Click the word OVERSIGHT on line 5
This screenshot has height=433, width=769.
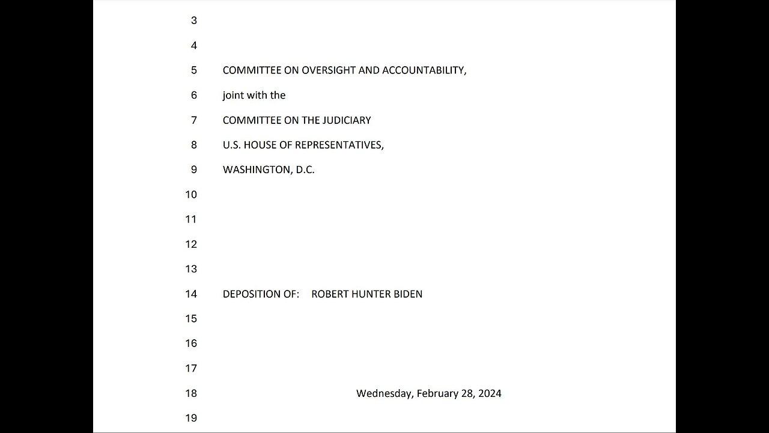[x=329, y=70]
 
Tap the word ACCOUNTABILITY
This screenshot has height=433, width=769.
[x=424, y=70]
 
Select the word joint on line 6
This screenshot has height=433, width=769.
[x=233, y=96]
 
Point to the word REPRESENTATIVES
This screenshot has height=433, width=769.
[x=339, y=145]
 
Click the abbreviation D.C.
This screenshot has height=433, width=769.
[x=305, y=170]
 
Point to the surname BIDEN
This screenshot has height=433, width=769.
[x=408, y=294]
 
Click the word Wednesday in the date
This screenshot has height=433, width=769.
[x=384, y=393]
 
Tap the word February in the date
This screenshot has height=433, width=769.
[x=437, y=393]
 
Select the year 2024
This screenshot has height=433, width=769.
[x=490, y=393]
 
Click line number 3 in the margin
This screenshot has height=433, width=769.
[x=193, y=20]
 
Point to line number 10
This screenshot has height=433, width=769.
[x=191, y=195]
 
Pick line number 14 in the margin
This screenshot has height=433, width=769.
[x=191, y=294]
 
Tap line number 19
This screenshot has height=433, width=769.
[x=191, y=418]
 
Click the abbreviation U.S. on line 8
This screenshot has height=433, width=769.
[x=232, y=145]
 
